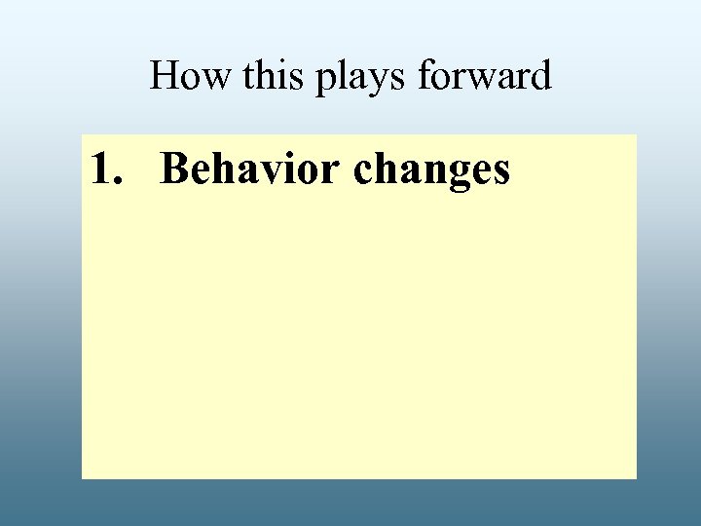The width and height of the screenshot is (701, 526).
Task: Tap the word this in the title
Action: tap(275, 76)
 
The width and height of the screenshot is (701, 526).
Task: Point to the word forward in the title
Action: tap(484, 76)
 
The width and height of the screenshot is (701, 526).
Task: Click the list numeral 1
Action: tap(101, 169)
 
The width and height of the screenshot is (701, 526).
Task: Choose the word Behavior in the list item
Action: tap(252, 169)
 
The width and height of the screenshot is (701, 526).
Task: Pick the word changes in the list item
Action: tap(431, 170)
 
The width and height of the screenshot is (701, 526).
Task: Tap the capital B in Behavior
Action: tap(174, 169)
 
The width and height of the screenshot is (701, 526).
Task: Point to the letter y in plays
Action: tap(381, 81)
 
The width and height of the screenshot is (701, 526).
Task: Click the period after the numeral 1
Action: tap(120, 181)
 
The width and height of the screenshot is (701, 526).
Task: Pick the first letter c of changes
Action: tap(363, 171)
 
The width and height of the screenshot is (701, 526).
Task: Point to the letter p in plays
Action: tap(326, 81)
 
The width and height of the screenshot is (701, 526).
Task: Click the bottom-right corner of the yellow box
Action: tap(636, 477)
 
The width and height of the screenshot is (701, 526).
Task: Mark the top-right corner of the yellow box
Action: tap(636, 135)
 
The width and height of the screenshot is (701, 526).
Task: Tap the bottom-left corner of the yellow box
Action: tap(82, 477)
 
